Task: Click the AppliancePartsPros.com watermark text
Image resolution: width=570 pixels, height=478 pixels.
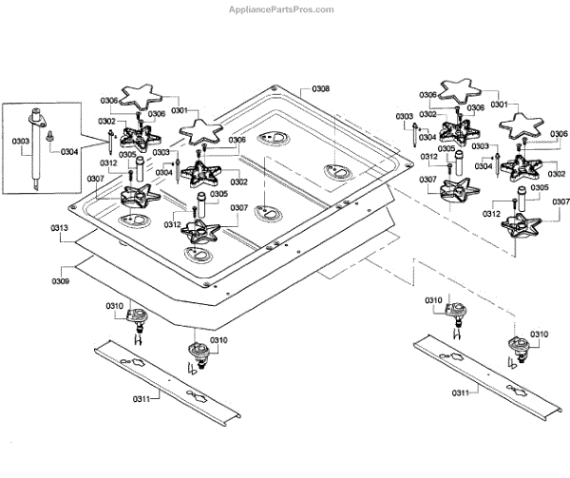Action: pyautogui.click(x=281, y=10)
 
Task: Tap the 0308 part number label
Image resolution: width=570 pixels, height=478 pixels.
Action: pyautogui.click(x=321, y=88)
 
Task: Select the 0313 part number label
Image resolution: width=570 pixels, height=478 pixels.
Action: pyautogui.click(x=59, y=228)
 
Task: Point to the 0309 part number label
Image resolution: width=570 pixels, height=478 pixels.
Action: pyautogui.click(x=61, y=281)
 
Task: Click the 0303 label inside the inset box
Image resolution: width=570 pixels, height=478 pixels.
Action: pyautogui.click(x=20, y=141)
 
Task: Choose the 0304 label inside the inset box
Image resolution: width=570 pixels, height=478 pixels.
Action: pyautogui.click(x=69, y=152)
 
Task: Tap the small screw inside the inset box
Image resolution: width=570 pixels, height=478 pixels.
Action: pyautogui.click(x=48, y=136)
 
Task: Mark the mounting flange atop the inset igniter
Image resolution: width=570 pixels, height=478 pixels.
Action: pyautogui.click(x=37, y=119)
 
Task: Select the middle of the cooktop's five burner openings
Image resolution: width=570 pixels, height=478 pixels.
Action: pyautogui.click(x=268, y=214)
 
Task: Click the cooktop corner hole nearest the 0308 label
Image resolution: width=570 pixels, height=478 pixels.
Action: pyautogui.click(x=275, y=87)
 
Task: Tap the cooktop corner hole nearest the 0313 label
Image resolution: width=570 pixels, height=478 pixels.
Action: pyautogui.click(x=72, y=207)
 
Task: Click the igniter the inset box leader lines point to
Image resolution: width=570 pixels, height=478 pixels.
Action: pyautogui.click(x=110, y=142)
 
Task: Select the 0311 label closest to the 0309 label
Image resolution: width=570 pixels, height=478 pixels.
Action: pyautogui.click(x=142, y=399)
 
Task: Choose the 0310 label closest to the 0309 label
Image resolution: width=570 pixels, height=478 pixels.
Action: pyautogui.click(x=115, y=306)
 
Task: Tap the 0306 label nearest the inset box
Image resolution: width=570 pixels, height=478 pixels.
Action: pyautogui.click(x=109, y=101)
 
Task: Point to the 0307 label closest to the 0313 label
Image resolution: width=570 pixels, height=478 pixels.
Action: pyautogui.click(x=96, y=179)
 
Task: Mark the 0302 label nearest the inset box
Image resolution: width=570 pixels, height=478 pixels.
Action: pyautogui.click(x=106, y=121)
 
